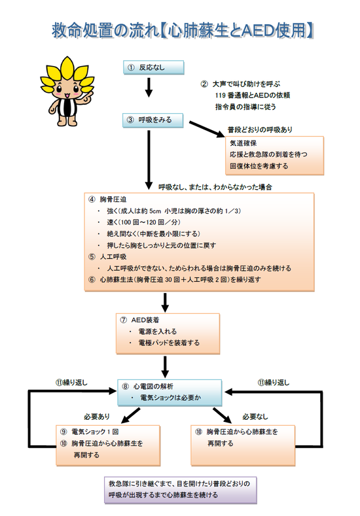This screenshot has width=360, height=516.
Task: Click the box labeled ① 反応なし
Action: [153, 67]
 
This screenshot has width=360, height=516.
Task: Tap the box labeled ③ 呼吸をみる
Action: [153, 120]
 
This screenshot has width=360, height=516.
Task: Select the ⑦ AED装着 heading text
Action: [139, 320]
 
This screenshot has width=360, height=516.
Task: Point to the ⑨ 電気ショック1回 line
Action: [89, 432]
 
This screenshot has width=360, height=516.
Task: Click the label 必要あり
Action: [97, 417]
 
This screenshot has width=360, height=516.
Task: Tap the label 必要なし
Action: [255, 417]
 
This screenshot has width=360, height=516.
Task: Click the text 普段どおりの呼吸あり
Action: [260, 129]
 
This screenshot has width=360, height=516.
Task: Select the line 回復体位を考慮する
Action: [259, 166]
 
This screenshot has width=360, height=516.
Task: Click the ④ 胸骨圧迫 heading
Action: [107, 199]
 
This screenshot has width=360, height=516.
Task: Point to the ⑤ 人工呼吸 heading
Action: [107, 256]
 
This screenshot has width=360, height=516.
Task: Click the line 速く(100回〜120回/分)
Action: [143, 222]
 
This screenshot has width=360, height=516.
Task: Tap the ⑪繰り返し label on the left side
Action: [71, 383]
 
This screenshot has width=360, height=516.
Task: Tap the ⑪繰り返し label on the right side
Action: [274, 383]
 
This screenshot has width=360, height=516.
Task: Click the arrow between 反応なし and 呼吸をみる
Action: [149, 88]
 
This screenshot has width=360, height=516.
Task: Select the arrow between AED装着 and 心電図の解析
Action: [165, 367]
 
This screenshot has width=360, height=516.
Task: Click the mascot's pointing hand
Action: [88, 96]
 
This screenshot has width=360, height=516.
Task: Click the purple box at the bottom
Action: [181, 490]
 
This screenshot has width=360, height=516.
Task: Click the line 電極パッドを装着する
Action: [169, 343]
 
